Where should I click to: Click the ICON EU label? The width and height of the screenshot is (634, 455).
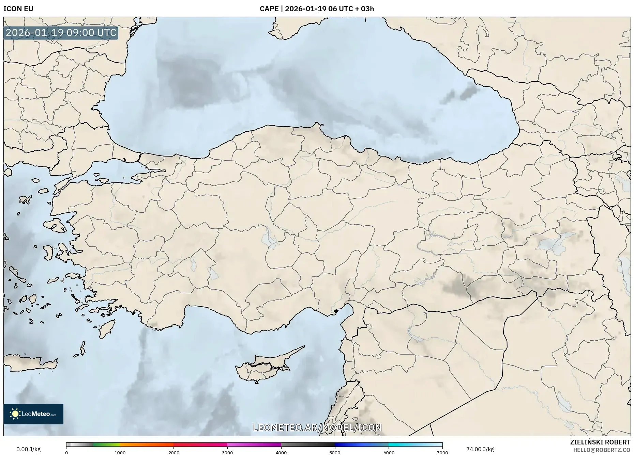click(x=18, y=9)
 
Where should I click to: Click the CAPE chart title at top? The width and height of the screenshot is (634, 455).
click(x=317, y=9)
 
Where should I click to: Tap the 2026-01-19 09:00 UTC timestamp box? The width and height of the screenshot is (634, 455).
click(x=61, y=33)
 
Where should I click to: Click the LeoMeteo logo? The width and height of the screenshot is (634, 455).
click(x=33, y=414)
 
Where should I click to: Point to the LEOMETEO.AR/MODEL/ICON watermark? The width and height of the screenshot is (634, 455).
click(x=317, y=427)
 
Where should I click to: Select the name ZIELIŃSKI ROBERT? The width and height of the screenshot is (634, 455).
click(x=600, y=442)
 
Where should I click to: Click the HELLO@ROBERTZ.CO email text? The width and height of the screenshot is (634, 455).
click(x=601, y=450)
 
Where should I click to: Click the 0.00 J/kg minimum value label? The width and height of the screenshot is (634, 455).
click(x=28, y=449)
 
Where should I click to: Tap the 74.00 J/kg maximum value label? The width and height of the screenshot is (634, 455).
click(x=480, y=449)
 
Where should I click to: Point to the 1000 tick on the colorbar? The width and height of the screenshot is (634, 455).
click(x=120, y=452)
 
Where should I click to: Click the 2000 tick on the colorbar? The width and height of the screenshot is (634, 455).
click(x=174, y=452)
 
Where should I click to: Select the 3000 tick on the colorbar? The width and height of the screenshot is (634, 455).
click(x=227, y=452)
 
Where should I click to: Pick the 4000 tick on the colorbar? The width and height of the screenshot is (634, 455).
click(x=281, y=452)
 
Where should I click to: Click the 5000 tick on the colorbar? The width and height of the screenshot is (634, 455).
click(x=335, y=452)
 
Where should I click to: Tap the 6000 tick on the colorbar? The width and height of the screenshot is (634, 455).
click(x=389, y=452)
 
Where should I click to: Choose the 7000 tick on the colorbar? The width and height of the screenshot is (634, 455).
click(x=442, y=452)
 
